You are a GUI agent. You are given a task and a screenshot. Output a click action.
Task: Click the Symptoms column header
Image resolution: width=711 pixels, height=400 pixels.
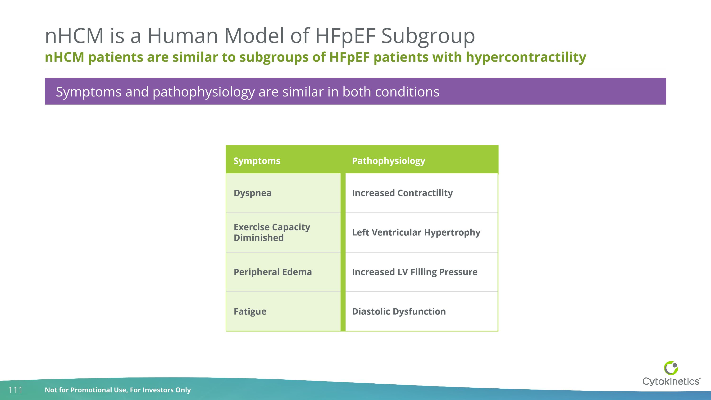coord(257,161)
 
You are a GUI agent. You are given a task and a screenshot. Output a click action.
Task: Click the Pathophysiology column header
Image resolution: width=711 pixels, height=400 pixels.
coord(388,161)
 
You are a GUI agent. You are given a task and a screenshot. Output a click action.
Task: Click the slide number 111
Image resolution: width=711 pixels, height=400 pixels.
coord(15,390)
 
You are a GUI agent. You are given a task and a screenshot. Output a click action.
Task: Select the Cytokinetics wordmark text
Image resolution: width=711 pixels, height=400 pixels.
coord(671,382)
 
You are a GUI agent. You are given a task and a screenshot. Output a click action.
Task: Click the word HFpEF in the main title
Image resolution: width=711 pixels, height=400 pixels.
coord(345,36)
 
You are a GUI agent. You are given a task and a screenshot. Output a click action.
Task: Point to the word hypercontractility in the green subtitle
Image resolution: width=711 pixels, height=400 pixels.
coord(526,57)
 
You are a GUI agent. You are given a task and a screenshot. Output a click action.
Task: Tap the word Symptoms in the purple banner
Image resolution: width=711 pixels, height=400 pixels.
coord(88,92)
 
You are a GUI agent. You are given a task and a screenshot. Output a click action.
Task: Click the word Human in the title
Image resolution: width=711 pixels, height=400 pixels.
coord(183,36)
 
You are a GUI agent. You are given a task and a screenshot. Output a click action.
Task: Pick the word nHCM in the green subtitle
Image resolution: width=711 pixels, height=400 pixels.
coord(64,57)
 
